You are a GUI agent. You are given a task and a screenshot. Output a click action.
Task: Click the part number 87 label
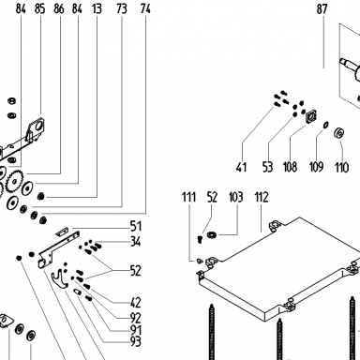[322, 9]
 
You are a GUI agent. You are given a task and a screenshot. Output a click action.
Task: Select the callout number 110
[341, 167]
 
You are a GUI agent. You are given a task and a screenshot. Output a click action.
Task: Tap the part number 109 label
[316, 167]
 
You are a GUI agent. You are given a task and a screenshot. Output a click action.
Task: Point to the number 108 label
[290, 167]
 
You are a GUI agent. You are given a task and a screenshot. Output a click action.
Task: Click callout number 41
[241, 167]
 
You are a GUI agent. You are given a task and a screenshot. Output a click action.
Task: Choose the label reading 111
[189, 198]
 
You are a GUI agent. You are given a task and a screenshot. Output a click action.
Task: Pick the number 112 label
[262, 198]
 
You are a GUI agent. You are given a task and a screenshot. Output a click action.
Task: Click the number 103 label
[236, 198]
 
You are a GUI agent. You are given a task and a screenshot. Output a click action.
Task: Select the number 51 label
[136, 226]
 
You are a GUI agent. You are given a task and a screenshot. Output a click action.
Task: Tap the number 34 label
[136, 242]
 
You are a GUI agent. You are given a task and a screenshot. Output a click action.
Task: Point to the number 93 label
[136, 341]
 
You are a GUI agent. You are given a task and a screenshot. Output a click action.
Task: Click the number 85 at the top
[40, 9]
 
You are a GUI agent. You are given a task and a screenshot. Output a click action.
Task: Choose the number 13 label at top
[97, 9]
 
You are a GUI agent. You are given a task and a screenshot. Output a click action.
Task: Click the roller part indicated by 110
[338, 133]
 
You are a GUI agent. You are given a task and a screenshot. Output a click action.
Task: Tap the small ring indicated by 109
[325, 125]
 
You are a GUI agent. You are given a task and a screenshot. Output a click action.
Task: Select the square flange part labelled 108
[311, 116]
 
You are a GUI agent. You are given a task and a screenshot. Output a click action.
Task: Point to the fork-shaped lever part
[59, 279]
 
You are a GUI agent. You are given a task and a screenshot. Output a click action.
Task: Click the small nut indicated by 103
[213, 234]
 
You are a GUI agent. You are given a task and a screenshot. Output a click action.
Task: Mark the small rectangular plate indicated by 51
[61, 232]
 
